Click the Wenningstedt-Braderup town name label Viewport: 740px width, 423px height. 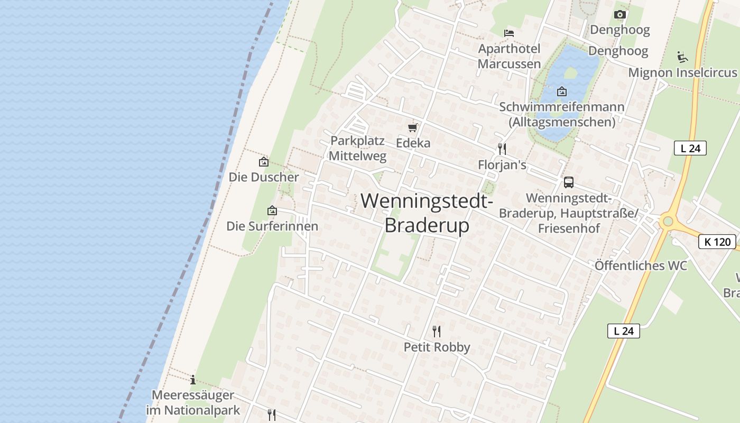[x=427, y=213]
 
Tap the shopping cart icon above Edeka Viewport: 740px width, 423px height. [x=413, y=127]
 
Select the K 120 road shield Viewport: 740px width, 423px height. [x=717, y=242]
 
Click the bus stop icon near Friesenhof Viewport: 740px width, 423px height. [x=569, y=182]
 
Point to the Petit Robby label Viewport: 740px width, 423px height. [x=437, y=347]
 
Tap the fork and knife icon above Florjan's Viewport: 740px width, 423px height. [x=502, y=149]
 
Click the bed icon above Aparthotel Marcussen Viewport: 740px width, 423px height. [x=509, y=33]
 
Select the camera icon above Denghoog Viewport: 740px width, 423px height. [x=620, y=15]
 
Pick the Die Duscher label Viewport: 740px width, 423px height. [x=264, y=177]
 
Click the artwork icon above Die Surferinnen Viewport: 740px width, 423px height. [x=272, y=210]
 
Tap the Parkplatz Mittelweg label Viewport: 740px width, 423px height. [x=358, y=149]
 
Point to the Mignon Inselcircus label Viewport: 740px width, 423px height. [x=682, y=72]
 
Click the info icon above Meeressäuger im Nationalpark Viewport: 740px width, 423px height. [x=193, y=380]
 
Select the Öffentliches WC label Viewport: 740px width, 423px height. [x=641, y=265]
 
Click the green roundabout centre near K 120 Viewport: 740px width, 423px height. [x=668, y=221]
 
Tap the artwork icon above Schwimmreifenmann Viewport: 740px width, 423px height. [x=562, y=91]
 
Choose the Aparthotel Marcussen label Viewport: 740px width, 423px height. [x=509, y=57]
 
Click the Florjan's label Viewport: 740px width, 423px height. [x=502, y=165]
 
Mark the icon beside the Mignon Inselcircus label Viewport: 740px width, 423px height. [x=682, y=57]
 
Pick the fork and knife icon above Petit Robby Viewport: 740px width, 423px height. [x=437, y=332]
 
